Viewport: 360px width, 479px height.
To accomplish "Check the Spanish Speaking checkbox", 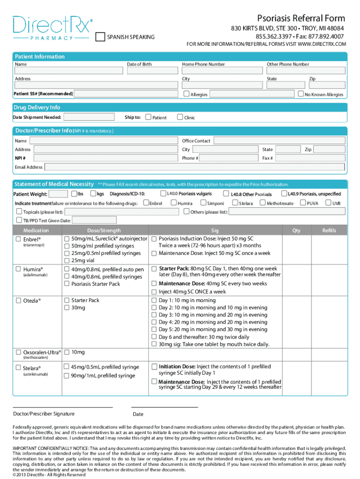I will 100,37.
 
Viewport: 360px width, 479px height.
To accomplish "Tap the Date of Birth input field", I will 152,71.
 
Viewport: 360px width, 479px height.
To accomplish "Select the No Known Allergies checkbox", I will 301,94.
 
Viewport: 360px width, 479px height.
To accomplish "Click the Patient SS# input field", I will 127,94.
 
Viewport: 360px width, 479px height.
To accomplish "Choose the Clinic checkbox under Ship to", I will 180,117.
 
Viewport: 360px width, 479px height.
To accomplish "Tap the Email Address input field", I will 194,167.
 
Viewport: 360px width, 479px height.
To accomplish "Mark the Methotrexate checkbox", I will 263,203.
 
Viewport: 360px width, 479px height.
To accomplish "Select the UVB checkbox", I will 328,203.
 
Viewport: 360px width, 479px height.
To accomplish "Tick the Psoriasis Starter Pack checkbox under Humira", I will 67,284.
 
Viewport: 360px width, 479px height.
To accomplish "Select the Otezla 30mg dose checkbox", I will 67,308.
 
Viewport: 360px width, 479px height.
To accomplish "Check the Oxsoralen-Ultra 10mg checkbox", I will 67,352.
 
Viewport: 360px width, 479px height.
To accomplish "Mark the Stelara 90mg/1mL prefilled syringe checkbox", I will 67,376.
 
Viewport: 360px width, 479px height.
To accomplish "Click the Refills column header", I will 329,230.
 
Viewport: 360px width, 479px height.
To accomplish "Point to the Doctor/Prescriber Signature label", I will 43,414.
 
